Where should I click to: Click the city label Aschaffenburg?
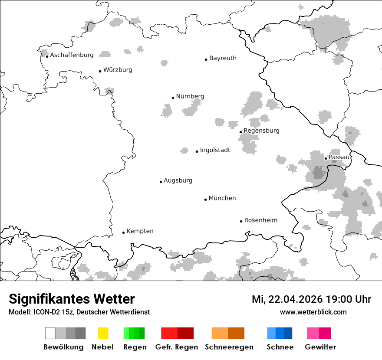[72, 55]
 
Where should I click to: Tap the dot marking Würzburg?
[100, 71]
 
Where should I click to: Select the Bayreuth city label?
[223, 58]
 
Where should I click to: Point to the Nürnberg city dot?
[173, 98]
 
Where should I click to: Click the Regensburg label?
[261, 131]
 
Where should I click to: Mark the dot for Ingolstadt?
[197, 151]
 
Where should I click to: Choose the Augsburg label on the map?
[178, 180]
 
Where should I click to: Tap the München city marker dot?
[205, 200]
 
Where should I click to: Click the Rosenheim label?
[260, 220]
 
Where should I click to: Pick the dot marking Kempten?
[123, 232]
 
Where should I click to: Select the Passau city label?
[339, 157]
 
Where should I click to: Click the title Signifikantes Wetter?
[72, 299]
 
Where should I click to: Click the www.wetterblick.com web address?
[313, 312]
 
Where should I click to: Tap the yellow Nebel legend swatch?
[103, 333]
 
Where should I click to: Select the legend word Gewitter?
[320, 347]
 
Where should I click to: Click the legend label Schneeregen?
[229, 347]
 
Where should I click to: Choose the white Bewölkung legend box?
[50, 333]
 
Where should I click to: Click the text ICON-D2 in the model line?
[42, 312]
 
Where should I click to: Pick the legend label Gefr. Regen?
[176, 347]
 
